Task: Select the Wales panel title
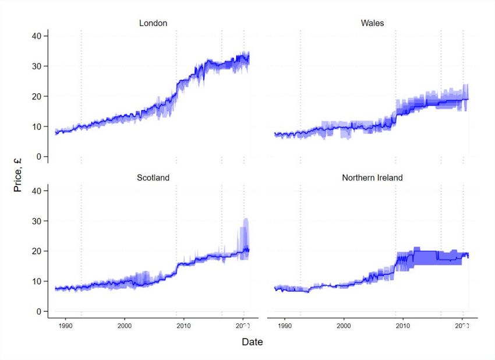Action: tap(372, 23)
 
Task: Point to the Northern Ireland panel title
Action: tap(372, 177)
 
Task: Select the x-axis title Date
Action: tap(253, 342)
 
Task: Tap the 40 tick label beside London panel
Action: tap(36, 36)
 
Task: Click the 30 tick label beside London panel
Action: tap(36, 66)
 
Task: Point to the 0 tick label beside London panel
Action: tap(38, 157)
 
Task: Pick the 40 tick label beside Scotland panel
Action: tap(36, 190)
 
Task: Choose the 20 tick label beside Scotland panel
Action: tap(36, 251)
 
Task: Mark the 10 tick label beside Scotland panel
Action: tap(36, 281)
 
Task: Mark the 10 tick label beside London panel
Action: tap(36, 126)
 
